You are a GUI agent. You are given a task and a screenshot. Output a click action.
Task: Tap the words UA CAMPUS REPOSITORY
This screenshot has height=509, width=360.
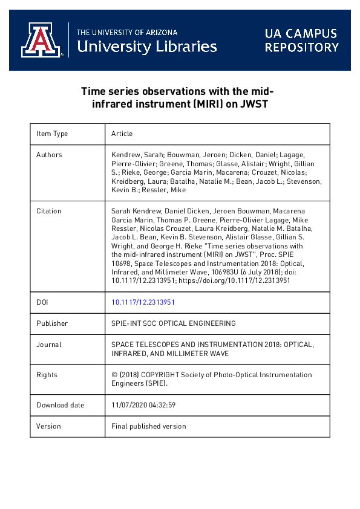point(301,40)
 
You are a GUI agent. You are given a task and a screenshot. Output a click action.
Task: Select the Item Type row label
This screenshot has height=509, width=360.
point(52,134)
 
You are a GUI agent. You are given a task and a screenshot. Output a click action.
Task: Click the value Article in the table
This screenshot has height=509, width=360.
point(122,134)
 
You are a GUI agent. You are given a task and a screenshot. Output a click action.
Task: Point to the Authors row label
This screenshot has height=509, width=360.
point(49,155)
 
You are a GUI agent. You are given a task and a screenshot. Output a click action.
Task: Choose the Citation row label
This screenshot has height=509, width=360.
point(49,211)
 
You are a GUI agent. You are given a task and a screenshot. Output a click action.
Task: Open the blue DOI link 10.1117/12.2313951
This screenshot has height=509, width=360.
point(143,302)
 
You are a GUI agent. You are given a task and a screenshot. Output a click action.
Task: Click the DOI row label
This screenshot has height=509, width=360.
point(42,302)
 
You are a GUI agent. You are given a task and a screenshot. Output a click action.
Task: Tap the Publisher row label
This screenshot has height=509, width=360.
point(52,323)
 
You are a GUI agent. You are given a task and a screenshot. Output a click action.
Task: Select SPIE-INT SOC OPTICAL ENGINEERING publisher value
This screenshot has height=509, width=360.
point(174,323)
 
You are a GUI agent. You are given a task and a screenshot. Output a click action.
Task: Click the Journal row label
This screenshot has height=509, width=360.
point(49,345)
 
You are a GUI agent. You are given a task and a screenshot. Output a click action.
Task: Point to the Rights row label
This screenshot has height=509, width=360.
point(47,375)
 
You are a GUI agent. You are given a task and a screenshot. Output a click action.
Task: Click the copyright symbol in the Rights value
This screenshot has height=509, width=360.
point(114,375)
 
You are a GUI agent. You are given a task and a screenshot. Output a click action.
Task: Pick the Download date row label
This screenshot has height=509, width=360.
point(60,405)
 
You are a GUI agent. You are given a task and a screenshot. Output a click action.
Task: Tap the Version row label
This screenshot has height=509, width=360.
point(48,426)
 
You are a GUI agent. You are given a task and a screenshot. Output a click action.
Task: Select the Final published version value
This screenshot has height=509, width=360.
point(149,426)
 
